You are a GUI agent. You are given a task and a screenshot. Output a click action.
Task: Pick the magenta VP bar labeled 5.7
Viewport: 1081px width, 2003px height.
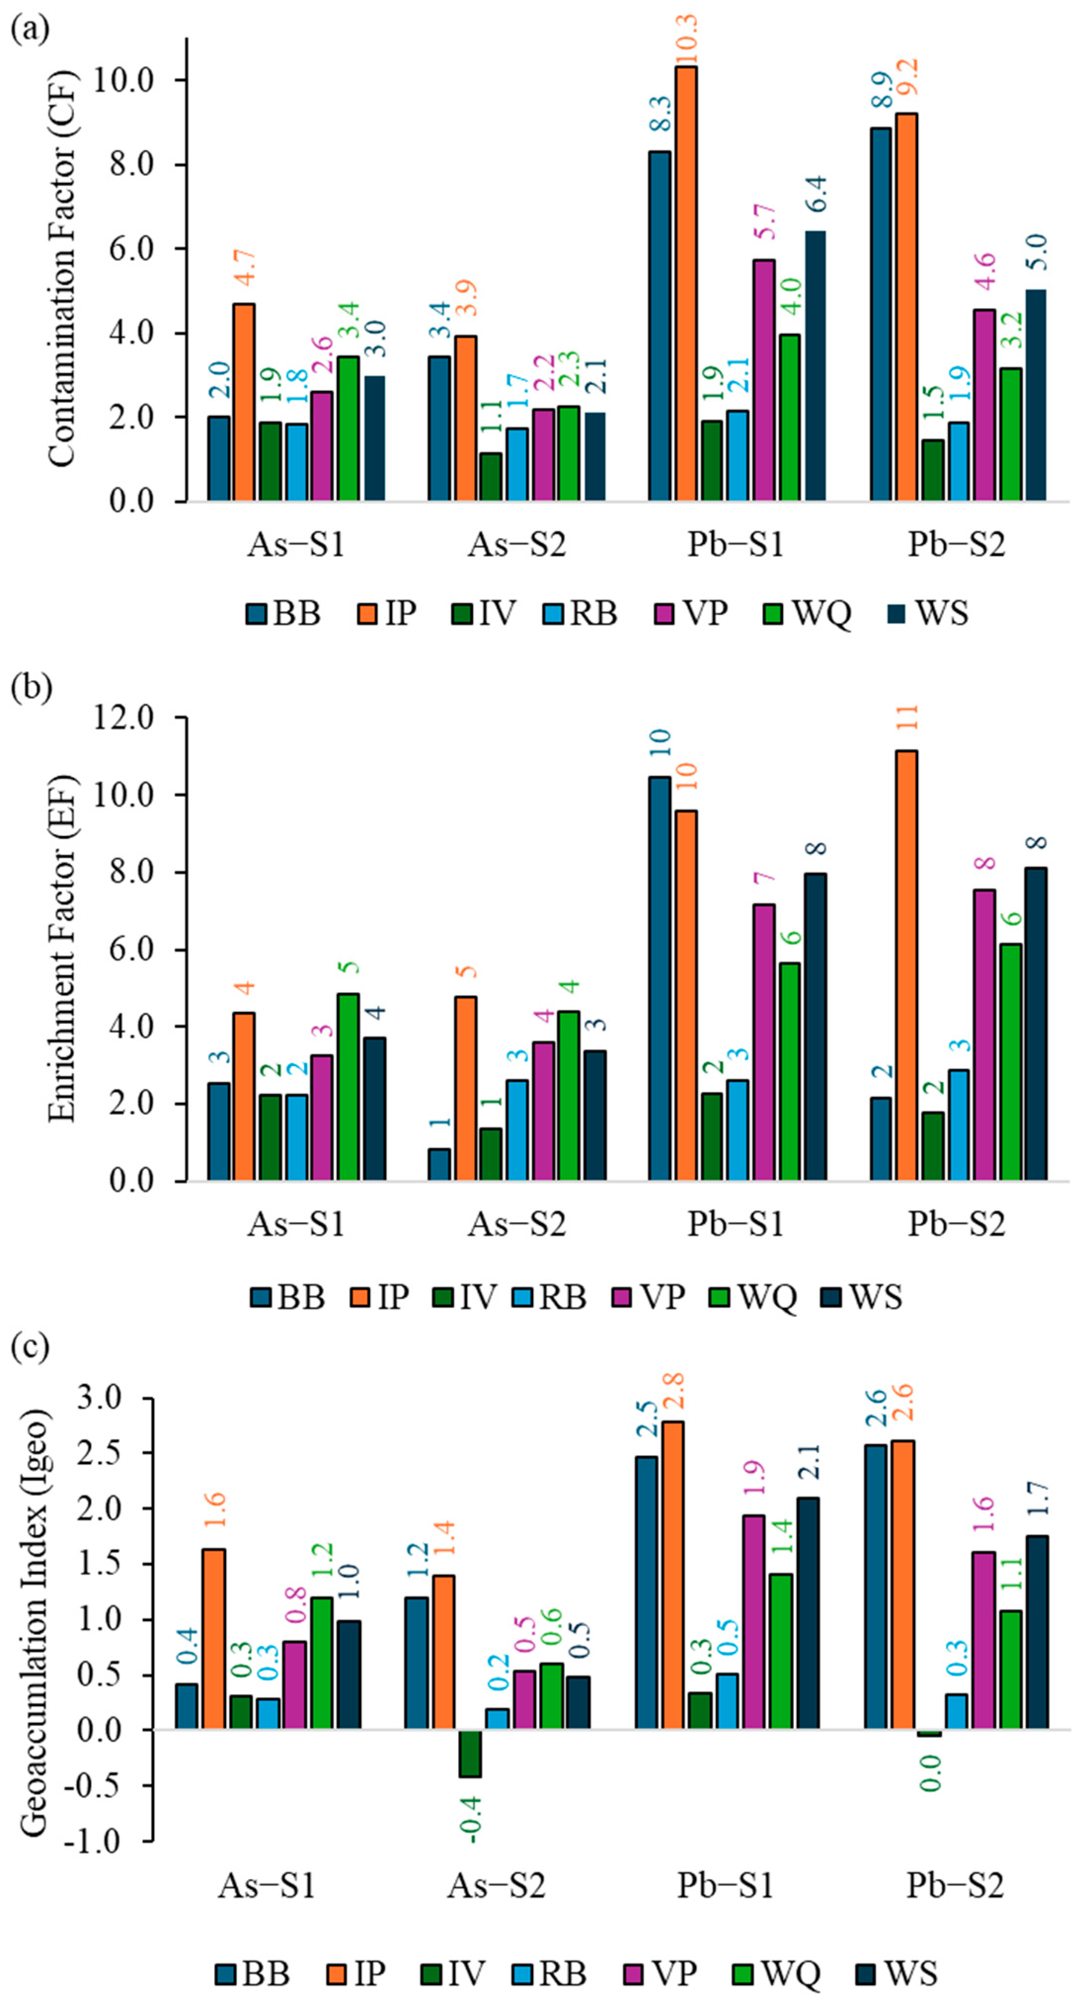[764, 380]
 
